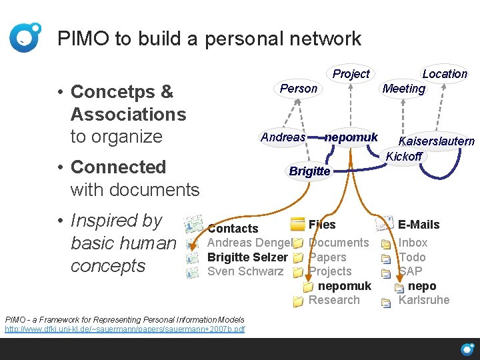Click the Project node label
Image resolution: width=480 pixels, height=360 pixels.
[x=351, y=74]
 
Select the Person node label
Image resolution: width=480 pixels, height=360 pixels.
[x=299, y=89]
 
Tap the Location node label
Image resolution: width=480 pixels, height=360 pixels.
[x=445, y=74]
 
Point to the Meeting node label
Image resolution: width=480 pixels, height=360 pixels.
[x=403, y=89]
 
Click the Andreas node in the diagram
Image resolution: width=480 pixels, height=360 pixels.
[x=283, y=137]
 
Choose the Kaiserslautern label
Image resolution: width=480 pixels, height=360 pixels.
[x=436, y=141]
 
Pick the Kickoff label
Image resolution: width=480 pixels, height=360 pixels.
[x=404, y=156]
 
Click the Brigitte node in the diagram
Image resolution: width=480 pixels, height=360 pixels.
[x=309, y=171]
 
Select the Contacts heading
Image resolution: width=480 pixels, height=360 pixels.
[x=233, y=229]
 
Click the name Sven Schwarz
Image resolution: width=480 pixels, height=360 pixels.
[x=246, y=271]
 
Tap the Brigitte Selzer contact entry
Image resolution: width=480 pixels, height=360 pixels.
[x=247, y=257]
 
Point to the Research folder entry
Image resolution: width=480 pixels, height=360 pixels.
[x=334, y=300]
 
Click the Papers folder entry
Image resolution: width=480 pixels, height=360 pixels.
[x=327, y=257]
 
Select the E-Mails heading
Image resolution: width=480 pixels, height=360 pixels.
[x=419, y=225]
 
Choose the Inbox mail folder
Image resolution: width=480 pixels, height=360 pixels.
[x=413, y=243]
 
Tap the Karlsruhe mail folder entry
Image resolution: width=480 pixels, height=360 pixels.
[x=424, y=300]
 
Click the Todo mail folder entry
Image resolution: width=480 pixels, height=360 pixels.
[x=412, y=257]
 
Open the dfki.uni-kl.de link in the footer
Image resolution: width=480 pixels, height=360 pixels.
[x=125, y=329]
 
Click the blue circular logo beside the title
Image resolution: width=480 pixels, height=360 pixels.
[x=25, y=37]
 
